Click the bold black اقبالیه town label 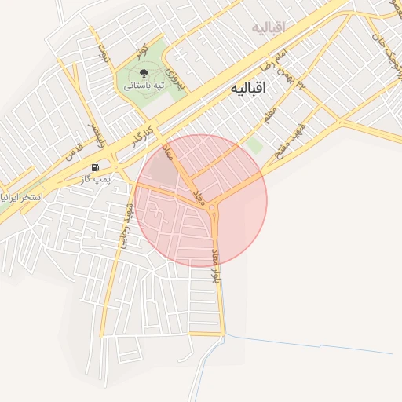click(249, 89)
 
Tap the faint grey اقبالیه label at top click(268, 28)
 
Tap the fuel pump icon click(96, 167)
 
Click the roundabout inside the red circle click(213, 207)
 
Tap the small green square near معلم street click(253, 145)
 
